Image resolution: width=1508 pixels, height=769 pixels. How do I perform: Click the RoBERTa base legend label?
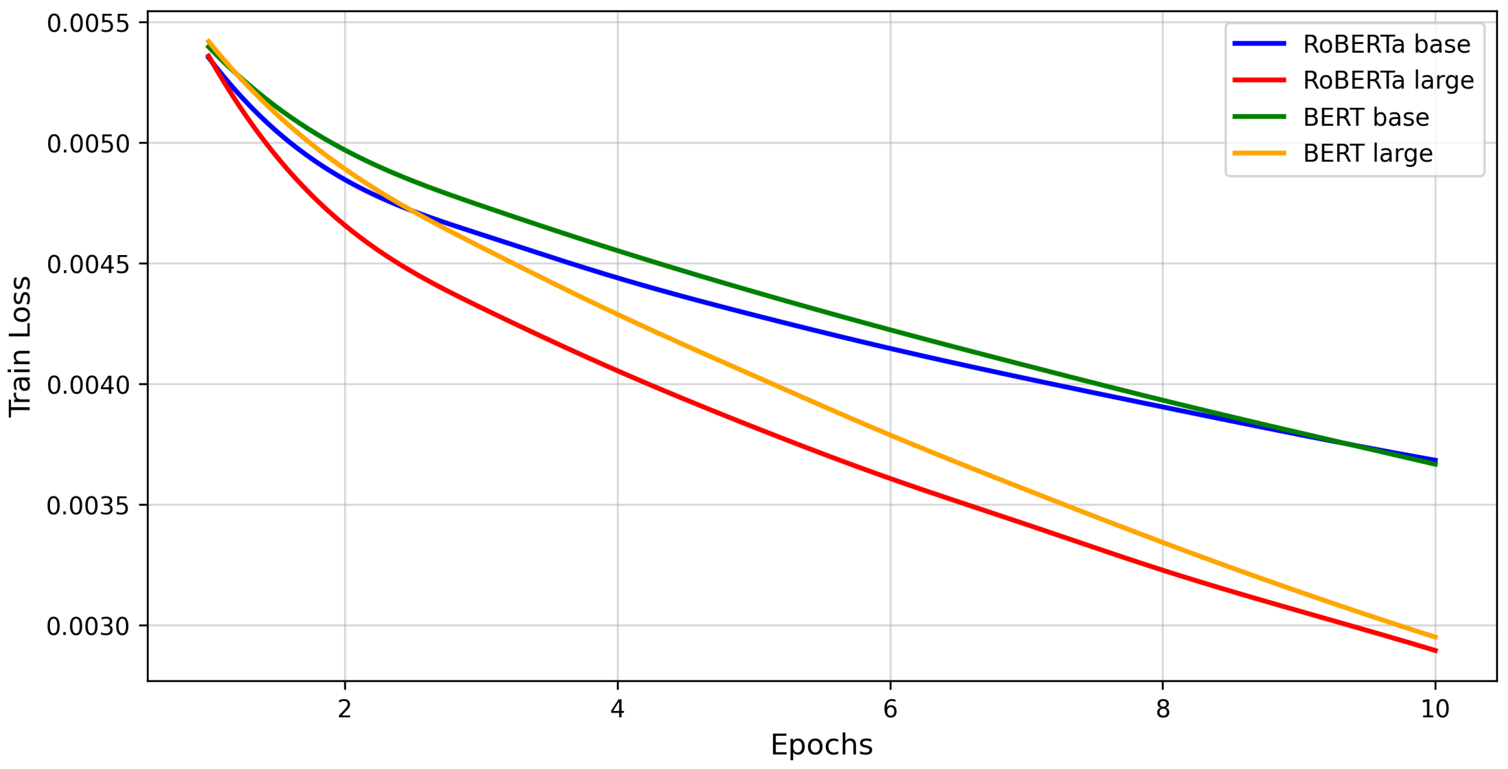1386,45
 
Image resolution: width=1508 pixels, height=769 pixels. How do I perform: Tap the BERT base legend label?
1366,117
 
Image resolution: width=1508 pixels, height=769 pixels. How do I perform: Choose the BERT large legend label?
1368,154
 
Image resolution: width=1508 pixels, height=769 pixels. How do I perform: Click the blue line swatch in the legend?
1259,43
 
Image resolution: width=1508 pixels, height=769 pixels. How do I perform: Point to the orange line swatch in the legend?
1259,153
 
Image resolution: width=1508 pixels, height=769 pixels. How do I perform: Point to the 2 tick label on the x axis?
345,709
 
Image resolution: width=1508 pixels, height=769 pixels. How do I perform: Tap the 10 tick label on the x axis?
1435,709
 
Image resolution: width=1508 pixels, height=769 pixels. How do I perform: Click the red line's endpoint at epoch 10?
1435,651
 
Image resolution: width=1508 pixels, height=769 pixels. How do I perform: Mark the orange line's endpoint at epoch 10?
1435,637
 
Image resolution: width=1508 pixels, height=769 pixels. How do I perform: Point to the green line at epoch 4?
617,251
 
